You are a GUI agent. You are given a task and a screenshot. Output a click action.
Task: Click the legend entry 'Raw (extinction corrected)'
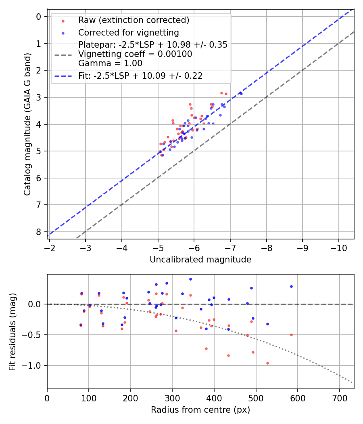(134, 20)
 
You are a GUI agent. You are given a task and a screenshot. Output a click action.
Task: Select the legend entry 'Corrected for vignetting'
(128, 32)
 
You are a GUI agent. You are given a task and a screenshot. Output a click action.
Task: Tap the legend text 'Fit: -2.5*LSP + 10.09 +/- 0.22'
(140, 76)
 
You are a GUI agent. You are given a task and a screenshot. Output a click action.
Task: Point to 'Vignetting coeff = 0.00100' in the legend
(135, 54)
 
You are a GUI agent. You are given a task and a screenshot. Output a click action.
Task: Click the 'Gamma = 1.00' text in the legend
(110, 63)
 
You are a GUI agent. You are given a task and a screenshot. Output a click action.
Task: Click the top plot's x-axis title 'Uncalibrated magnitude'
(200, 260)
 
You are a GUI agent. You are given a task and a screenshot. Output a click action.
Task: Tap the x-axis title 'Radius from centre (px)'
(200, 410)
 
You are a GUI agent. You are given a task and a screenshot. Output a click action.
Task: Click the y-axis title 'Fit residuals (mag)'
(13, 332)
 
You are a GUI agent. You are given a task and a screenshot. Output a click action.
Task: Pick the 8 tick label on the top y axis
(39, 232)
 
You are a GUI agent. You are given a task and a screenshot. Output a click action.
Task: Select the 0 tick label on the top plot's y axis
(39, 17)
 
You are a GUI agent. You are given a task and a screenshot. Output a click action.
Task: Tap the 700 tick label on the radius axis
(339, 398)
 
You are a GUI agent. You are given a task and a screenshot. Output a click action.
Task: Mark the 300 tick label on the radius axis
(172, 398)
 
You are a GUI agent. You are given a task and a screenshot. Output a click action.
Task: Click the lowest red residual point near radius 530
(267, 363)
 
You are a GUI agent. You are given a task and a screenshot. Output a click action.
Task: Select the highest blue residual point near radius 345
(190, 279)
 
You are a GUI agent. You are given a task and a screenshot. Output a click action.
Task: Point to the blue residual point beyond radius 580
(291, 286)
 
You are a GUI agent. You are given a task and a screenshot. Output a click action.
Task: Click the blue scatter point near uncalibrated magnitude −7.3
(241, 93)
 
